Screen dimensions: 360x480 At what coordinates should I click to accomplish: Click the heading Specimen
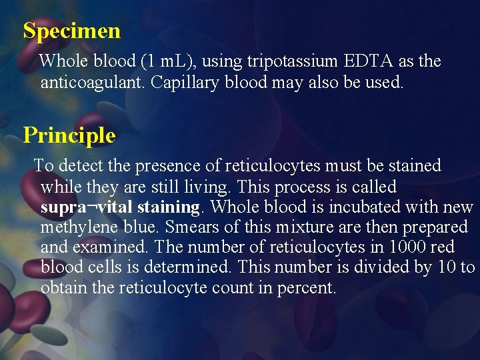pyautogui.click(x=71, y=31)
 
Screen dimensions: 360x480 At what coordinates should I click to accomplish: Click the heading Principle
pyautogui.click(x=69, y=135)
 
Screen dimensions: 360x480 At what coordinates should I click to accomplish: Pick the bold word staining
pyautogui.click(x=169, y=207)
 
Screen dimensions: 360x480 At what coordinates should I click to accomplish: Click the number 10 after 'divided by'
pyautogui.click(x=447, y=268)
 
